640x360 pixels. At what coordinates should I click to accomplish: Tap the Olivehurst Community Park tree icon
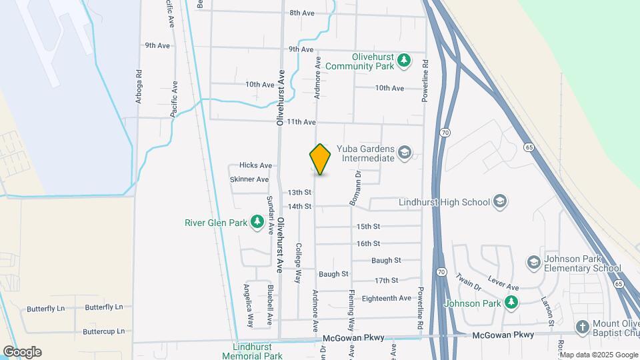tap(404, 61)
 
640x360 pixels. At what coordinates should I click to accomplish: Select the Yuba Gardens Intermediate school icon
tap(404, 153)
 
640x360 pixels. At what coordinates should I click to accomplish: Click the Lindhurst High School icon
tap(500, 201)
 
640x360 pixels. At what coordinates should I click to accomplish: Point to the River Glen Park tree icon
tap(257, 222)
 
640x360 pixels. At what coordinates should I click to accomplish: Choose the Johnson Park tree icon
tap(511, 303)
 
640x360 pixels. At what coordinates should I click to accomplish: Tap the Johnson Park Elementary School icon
tap(533, 263)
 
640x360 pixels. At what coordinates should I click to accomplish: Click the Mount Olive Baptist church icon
tap(582, 326)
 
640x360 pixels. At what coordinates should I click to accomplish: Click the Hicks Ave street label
tap(256, 165)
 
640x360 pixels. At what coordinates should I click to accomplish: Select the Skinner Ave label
tap(249, 179)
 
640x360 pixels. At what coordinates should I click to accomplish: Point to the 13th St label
tap(299, 192)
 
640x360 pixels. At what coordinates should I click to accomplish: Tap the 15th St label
tap(368, 227)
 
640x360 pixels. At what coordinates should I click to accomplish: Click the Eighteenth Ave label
tap(386, 298)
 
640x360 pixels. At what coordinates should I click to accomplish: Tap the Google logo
tap(21, 352)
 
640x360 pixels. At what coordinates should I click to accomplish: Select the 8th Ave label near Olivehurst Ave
tap(302, 13)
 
